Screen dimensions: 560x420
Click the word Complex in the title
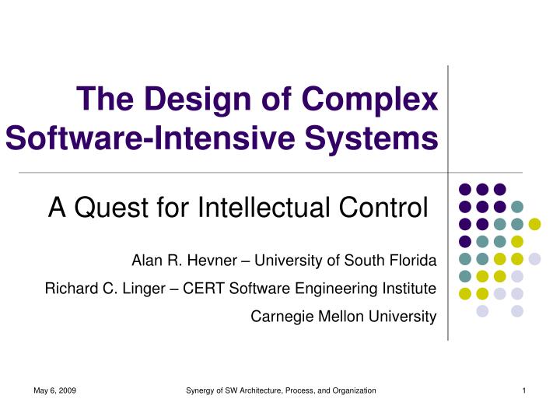pos(369,100)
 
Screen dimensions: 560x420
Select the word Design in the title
pos(198,100)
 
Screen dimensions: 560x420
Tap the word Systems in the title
pos(372,138)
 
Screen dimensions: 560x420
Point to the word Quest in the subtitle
pos(111,207)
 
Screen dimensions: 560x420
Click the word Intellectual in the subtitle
pos(264,207)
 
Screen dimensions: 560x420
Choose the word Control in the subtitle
pos(383,207)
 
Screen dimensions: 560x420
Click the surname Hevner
pos(212,261)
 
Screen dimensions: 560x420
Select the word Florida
pos(413,261)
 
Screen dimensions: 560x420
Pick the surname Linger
pos(144,289)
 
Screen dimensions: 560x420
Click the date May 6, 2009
pos(54,390)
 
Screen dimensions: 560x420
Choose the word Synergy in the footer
pos(200,390)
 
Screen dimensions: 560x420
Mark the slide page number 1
pos(524,390)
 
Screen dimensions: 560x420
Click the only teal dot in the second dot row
pos(517,206)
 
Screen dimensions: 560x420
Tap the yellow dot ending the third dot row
pos(534,224)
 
